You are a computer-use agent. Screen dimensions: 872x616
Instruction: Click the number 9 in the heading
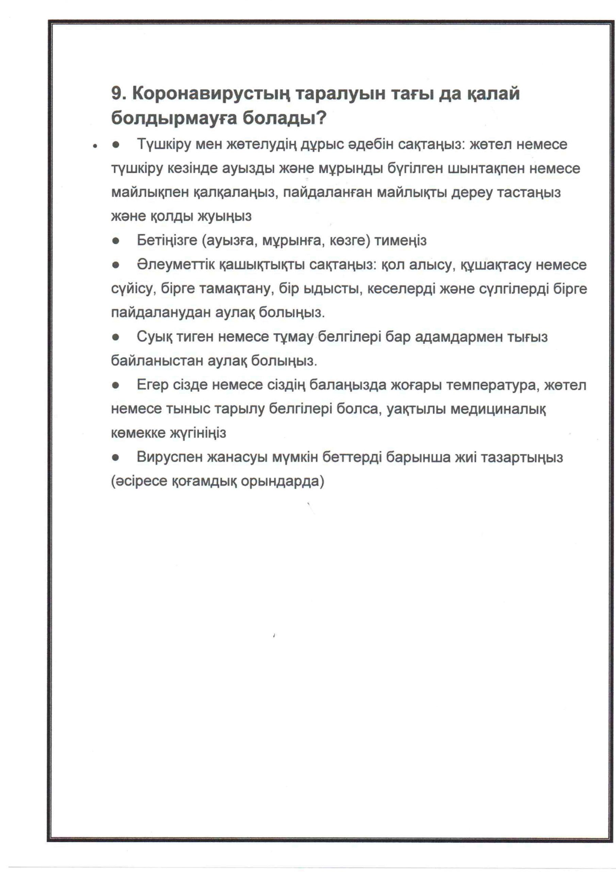coord(116,93)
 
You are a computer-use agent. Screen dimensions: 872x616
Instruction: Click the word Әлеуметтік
coord(175,265)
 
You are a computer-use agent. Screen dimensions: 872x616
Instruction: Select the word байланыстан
coord(157,361)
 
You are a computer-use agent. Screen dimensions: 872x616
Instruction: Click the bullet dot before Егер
coord(116,386)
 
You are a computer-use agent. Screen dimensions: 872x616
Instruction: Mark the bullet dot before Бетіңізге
coord(116,241)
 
